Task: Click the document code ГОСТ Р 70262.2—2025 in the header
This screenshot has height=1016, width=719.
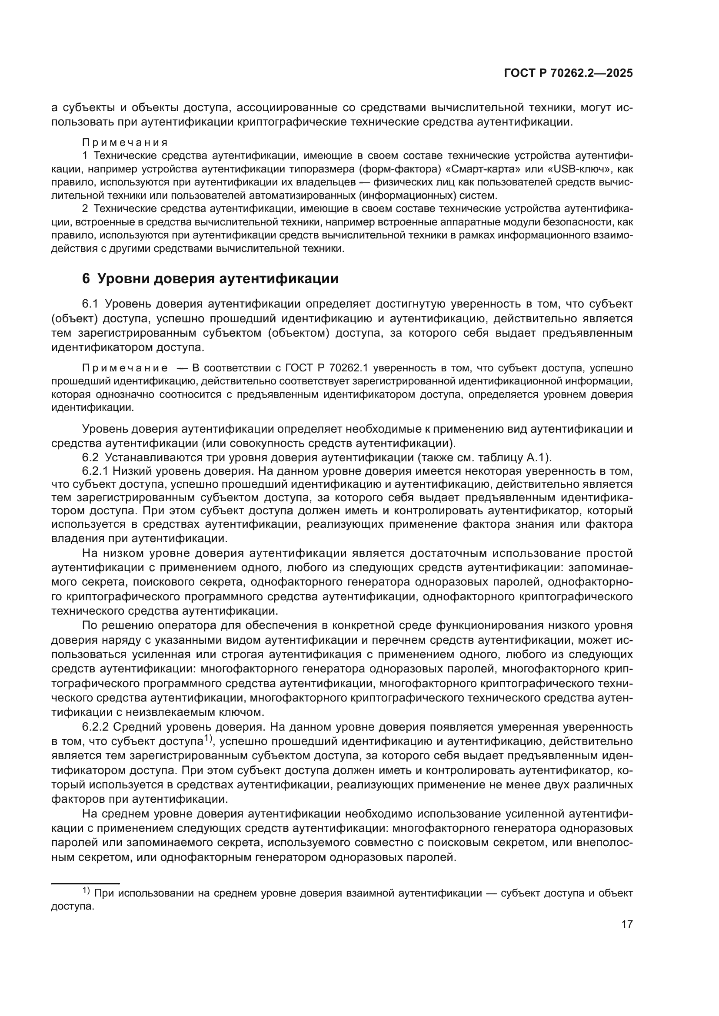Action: (x=568, y=73)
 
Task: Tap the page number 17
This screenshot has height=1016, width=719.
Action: (x=627, y=924)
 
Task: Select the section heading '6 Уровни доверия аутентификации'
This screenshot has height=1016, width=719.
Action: (x=210, y=279)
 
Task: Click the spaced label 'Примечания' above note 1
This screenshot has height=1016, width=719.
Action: (x=125, y=142)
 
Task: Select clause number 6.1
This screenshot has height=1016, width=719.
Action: (x=92, y=304)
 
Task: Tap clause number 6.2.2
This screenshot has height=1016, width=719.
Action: (x=96, y=727)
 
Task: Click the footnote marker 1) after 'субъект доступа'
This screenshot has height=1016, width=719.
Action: (x=208, y=739)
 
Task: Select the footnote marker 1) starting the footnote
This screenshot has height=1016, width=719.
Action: (x=87, y=890)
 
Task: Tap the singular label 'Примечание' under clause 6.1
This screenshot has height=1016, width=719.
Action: (x=125, y=368)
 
